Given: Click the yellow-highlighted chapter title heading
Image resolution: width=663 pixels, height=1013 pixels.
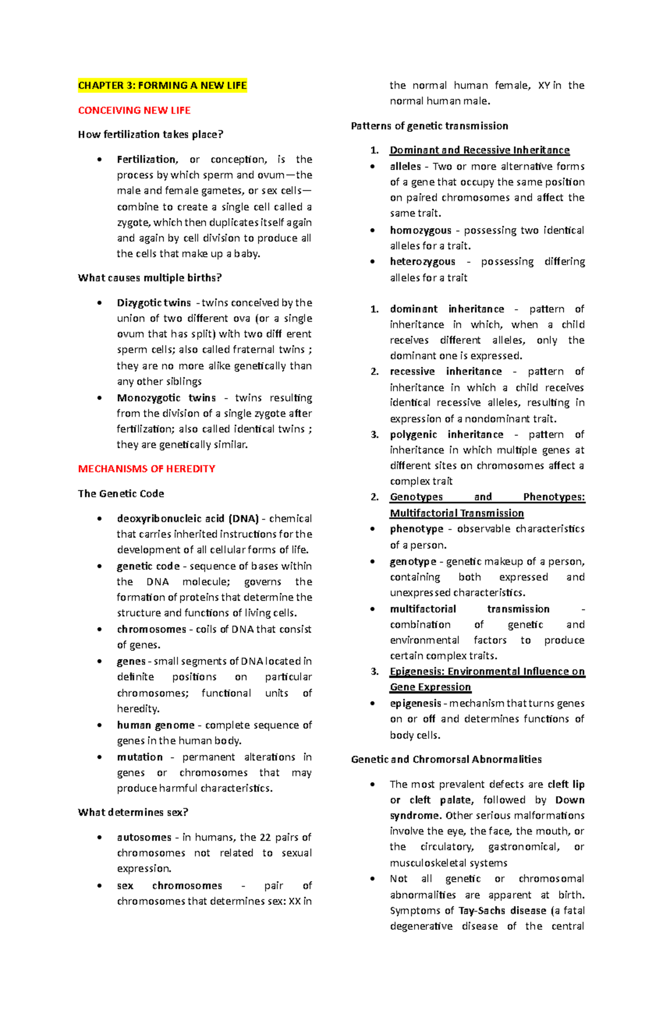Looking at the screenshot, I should click(x=162, y=86).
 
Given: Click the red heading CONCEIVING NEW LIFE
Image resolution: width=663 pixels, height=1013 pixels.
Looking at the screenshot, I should click(x=134, y=110).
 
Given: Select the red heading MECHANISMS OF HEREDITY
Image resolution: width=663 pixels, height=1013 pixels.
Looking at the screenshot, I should click(x=146, y=469).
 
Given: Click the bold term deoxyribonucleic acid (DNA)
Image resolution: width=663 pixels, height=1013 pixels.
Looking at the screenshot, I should click(x=187, y=518).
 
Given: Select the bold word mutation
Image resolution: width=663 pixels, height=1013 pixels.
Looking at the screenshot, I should click(x=139, y=757).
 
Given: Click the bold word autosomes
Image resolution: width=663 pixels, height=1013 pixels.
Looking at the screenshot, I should click(x=144, y=837).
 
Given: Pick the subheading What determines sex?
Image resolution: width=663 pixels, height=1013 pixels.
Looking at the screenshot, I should click(x=133, y=812).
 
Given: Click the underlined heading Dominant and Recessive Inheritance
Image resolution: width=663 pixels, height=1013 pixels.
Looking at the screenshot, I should click(x=479, y=150).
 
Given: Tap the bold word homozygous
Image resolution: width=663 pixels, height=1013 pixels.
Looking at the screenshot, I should click(x=420, y=230).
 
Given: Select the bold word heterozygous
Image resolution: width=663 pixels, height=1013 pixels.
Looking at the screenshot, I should click(x=422, y=261).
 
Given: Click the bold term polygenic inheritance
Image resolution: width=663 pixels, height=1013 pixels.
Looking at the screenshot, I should click(x=446, y=434).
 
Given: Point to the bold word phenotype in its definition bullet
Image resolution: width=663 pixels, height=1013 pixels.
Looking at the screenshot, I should click(x=416, y=529).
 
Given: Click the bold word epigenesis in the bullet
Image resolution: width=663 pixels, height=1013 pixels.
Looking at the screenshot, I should click(x=415, y=703).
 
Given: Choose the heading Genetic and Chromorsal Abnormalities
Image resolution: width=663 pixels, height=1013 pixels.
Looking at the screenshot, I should click(x=446, y=759).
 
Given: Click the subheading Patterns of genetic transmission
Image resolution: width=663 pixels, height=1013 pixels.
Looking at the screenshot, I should click(x=429, y=126).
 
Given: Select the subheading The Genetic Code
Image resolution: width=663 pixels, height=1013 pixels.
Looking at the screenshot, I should click(x=120, y=494).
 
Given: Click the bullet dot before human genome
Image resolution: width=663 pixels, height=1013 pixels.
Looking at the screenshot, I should click(x=99, y=725).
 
